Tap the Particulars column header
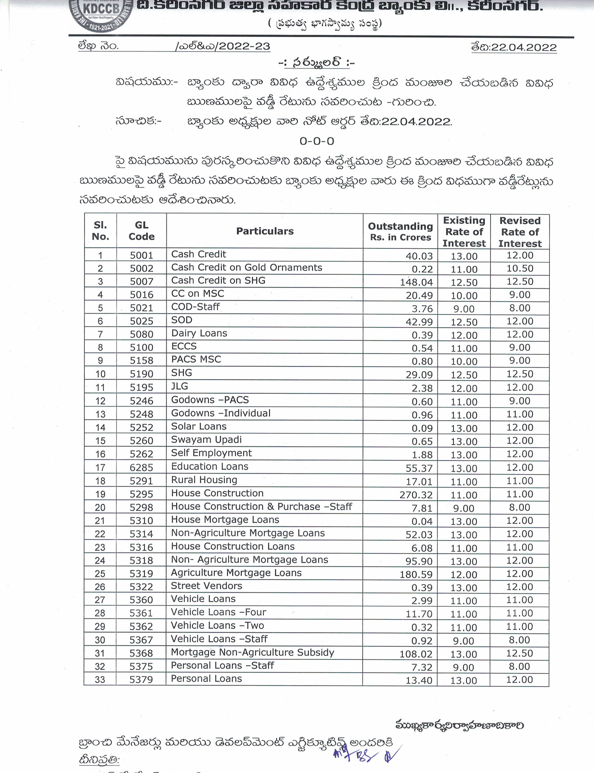[x=265, y=231]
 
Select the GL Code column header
[x=141, y=231]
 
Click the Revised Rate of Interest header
[x=520, y=232]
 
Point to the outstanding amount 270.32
[x=416, y=495]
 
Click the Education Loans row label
[x=209, y=467]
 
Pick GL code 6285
[x=141, y=467]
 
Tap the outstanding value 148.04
[x=416, y=282]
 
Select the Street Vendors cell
[x=206, y=586]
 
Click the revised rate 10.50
[x=520, y=269]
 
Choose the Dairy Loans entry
[x=199, y=333]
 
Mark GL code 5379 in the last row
[x=141, y=680]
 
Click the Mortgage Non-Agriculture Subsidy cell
[x=252, y=652]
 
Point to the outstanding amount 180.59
[x=416, y=575]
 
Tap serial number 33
[x=100, y=680]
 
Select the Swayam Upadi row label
[x=206, y=440]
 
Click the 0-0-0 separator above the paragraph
[x=317, y=141]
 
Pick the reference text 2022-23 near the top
[x=244, y=46]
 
